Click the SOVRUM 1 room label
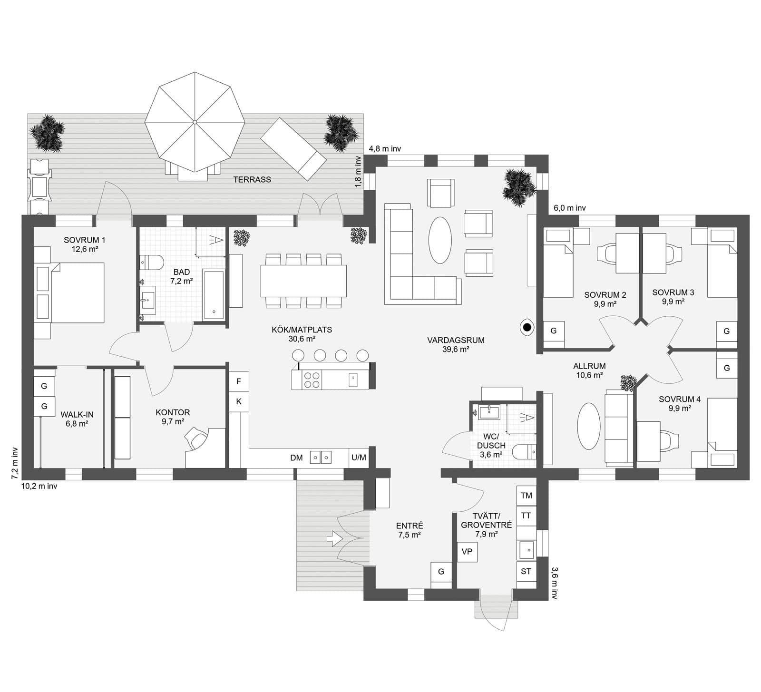(x=84, y=244)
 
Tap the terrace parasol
(x=195, y=122)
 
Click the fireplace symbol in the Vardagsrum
(x=527, y=327)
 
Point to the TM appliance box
(x=526, y=496)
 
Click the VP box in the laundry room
(x=467, y=552)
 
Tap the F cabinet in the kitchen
(x=239, y=381)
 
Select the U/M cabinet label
(x=359, y=458)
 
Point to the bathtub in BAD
(x=214, y=295)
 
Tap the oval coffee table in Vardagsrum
(x=440, y=240)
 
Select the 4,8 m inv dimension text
(x=385, y=149)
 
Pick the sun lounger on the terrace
(x=293, y=149)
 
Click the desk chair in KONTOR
(x=197, y=439)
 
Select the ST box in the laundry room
(x=526, y=572)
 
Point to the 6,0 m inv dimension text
(x=569, y=208)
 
